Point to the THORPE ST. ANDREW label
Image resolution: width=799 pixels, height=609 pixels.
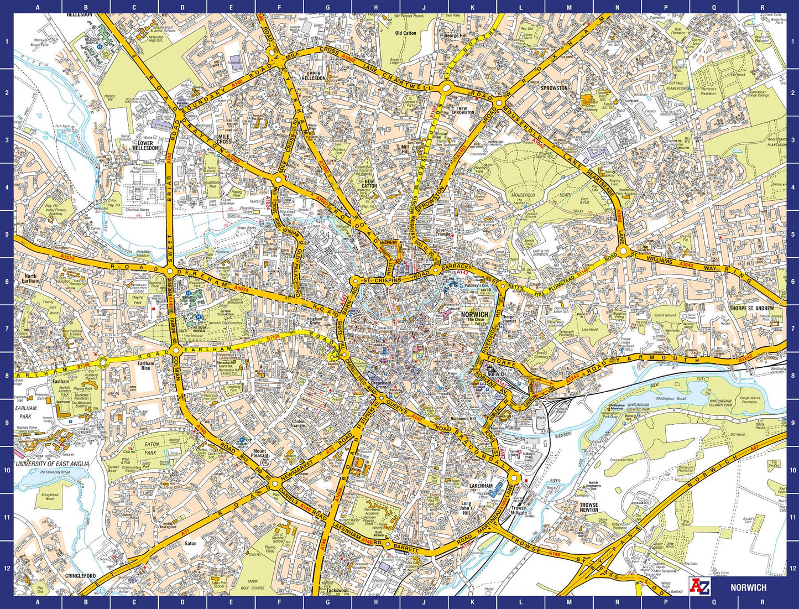tap(751, 308)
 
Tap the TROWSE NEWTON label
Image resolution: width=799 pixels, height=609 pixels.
tap(589, 507)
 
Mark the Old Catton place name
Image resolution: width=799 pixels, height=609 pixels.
tap(405, 33)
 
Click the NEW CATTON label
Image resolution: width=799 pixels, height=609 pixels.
tap(369, 183)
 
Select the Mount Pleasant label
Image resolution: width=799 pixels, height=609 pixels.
tap(260, 453)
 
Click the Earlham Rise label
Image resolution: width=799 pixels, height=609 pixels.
tap(145, 366)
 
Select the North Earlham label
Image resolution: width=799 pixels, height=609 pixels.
tap(30, 279)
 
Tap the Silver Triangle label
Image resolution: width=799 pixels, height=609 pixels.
tap(443, 232)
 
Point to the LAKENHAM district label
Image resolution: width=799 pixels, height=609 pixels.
tap(481, 486)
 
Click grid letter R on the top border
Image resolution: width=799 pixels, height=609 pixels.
tap(762, 7)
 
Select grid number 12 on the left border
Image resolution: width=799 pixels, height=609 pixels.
tap(7, 568)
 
